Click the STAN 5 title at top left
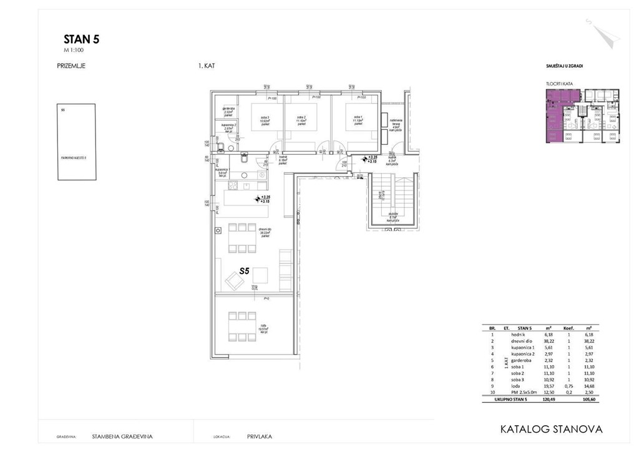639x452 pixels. tap(81, 39)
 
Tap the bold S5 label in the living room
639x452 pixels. tap(245, 272)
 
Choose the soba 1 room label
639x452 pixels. tap(358, 119)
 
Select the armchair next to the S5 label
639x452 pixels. tap(235, 283)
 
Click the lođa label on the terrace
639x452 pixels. tap(263, 328)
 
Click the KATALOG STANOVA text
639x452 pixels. tap(552, 430)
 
